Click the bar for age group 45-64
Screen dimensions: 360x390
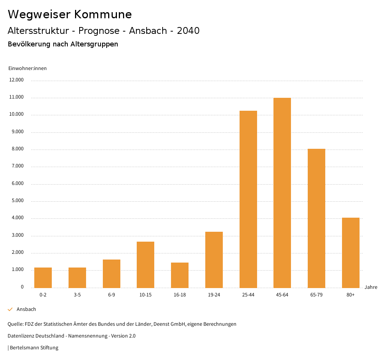(x=282, y=193)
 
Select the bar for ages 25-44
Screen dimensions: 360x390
(x=248, y=199)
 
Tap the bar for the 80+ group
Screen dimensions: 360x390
(x=351, y=253)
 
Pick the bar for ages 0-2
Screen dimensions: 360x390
(x=43, y=277)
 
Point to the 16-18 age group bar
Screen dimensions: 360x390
(x=180, y=275)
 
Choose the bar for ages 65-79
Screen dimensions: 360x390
(x=316, y=218)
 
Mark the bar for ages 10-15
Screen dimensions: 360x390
(x=145, y=264)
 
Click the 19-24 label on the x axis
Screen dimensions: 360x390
(x=214, y=295)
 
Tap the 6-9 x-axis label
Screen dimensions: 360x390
(x=112, y=295)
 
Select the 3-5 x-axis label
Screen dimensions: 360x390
(x=77, y=295)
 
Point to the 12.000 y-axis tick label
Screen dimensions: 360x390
(x=17, y=80)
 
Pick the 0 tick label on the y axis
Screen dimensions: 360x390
(x=22, y=287)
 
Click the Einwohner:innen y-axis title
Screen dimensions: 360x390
(x=27, y=68)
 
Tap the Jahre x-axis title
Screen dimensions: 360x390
(x=371, y=287)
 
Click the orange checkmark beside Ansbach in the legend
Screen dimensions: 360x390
(x=10, y=309)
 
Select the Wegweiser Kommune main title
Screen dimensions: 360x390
(x=70, y=14)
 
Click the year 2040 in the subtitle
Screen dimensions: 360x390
(x=188, y=31)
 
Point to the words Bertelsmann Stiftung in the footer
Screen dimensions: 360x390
(x=34, y=348)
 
